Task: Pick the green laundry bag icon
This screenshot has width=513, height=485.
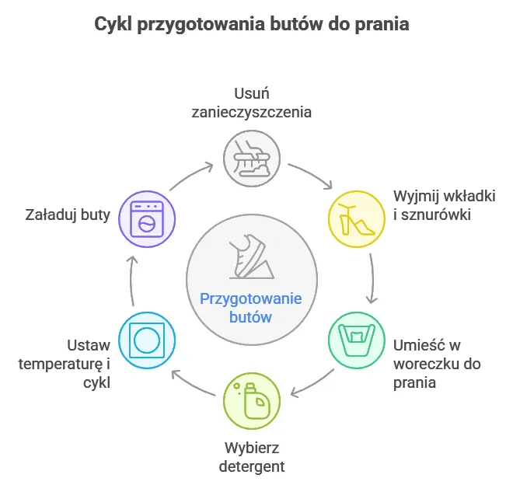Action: tap(356, 339)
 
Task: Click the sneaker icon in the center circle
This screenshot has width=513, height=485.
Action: tap(250, 257)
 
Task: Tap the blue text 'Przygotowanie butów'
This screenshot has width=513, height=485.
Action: tap(251, 308)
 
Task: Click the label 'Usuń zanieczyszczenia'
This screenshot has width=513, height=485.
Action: tap(252, 103)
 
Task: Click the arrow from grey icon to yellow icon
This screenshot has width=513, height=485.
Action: tap(310, 175)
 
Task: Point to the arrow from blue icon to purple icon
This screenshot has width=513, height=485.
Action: tap(132, 278)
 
